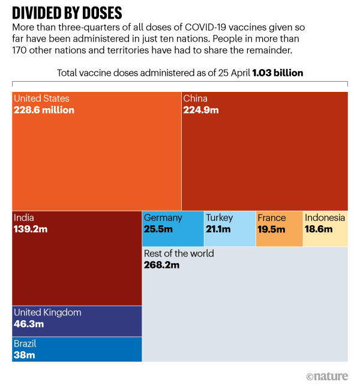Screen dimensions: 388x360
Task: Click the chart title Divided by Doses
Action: point(67,13)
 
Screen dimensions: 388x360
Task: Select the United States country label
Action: point(41,99)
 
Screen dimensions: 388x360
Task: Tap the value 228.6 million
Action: point(44,110)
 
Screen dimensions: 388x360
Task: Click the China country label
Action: point(196,99)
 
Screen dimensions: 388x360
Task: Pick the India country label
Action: point(24,217)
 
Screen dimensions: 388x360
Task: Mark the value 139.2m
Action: point(31,229)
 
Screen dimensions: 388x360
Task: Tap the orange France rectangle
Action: point(279,228)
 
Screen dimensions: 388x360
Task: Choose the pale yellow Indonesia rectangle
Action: point(325,228)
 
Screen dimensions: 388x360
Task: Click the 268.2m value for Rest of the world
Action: point(162,265)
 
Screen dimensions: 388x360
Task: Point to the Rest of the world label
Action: point(179,253)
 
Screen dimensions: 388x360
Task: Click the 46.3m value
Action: point(29,324)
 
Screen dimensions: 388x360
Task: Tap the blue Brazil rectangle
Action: point(77,349)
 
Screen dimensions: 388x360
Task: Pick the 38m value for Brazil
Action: point(24,355)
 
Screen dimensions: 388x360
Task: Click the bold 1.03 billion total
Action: point(278,73)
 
